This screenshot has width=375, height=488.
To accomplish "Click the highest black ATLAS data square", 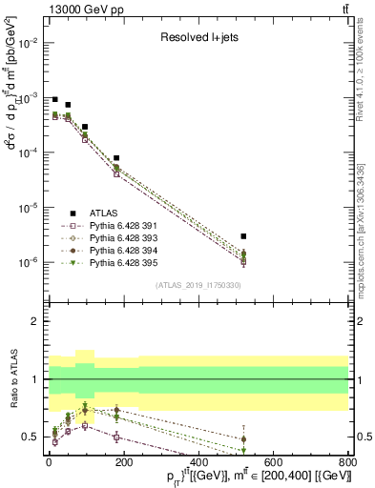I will [55, 99].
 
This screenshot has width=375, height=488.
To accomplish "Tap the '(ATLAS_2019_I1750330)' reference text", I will [198, 285].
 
